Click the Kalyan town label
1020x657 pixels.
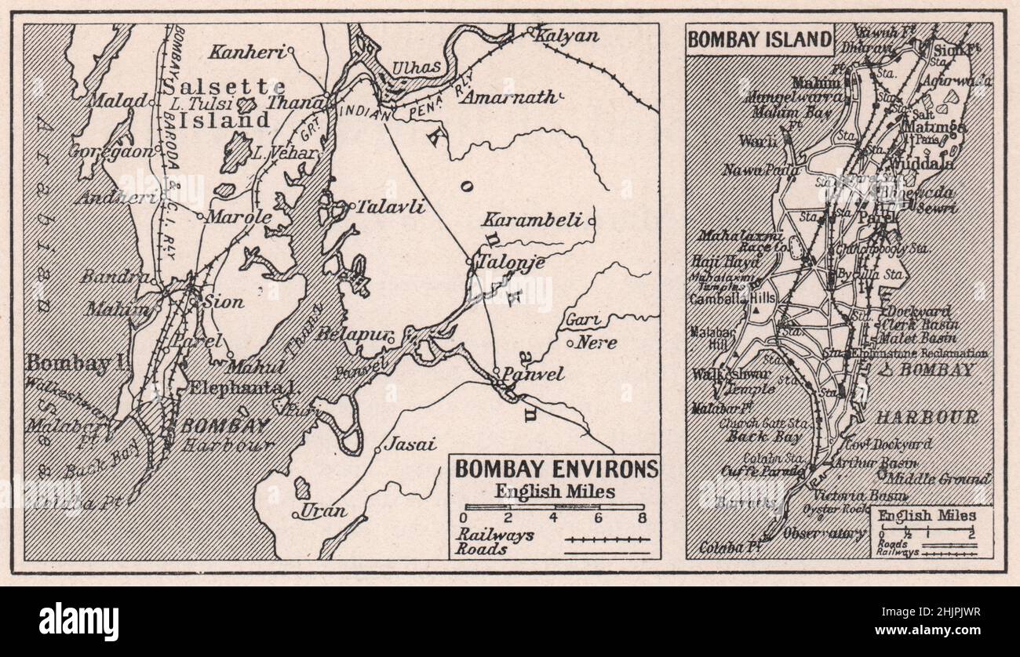coord(567,36)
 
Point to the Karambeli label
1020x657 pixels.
coord(532,220)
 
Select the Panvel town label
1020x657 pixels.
coord(533,374)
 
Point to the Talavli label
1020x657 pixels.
coord(390,208)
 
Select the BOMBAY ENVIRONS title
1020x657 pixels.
coord(557,469)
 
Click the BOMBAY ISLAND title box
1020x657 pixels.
coord(759,39)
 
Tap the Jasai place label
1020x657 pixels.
coord(410,445)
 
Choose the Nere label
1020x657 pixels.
coord(596,343)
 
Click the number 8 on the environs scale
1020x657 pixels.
coord(642,518)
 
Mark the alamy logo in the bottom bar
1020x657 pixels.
coord(79,622)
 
